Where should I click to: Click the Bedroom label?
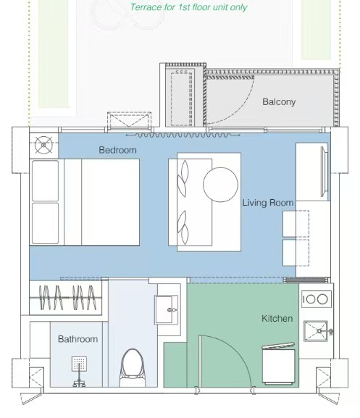[x=117, y=150]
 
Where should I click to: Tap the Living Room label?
[x=268, y=203]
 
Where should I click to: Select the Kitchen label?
[x=277, y=318]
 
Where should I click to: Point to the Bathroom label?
[x=78, y=339]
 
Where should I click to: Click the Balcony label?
[x=279, y=101]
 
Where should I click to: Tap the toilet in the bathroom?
[x=133, y=368]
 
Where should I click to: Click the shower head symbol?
[x=79, y=364]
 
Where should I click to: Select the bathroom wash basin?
[x=167, y=310]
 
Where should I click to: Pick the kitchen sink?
[x=316, y=331]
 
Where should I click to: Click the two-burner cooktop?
[x=317, y=299]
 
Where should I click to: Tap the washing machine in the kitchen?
[x=279, y=364]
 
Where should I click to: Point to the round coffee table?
[x=221, y=185]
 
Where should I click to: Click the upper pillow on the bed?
[x=46, y=180]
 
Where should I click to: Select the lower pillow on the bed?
[x=46, y=223]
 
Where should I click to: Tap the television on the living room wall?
[x=324, y=172]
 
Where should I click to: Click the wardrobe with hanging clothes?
[x=65, y=298]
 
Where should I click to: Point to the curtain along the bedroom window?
[x=183, y=135]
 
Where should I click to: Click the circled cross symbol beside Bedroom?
[x=43, y=145]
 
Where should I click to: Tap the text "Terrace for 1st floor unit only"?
[x=188, y=7]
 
